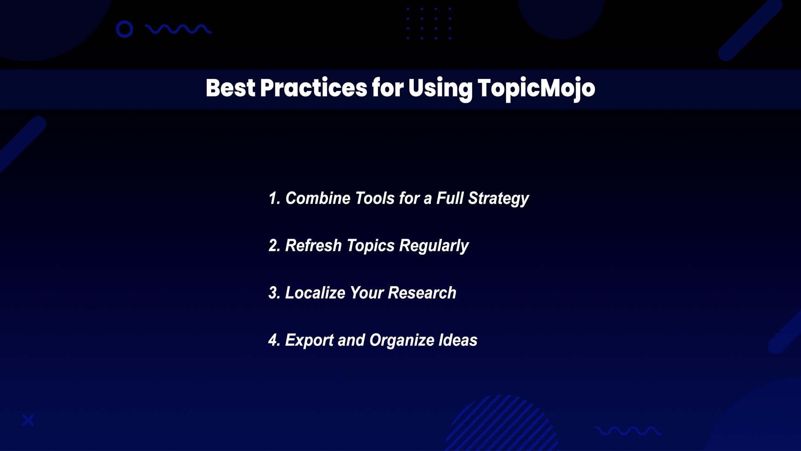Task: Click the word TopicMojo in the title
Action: click(x=536, y=89)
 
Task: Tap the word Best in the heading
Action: click(x=230, y=88)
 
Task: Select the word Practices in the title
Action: click(x=313, y=88)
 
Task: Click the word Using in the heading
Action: click(x=440, y=89)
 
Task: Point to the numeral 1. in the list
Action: click(x=274, y=198)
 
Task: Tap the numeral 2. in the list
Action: click(x=274, y=246)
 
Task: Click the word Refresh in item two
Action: click(x=313, y=246)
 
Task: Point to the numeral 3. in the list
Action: click(x=274, y=293)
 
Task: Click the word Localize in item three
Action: click(x=315, y=293)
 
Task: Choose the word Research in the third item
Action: click(x=422, y=293)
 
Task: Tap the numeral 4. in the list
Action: click(x=274, y=340)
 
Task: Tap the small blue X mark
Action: click(x=28, y=420)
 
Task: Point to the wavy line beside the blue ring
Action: click(x=178, y=29)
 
